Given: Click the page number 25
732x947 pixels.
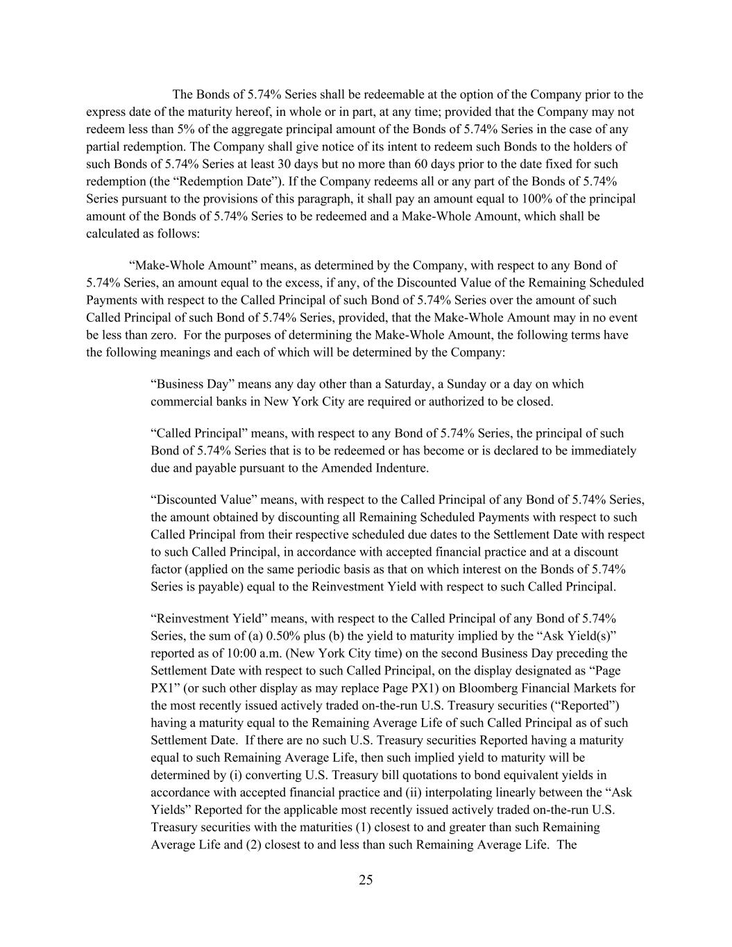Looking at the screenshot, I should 366,880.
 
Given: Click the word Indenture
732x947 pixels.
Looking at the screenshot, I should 400,468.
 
